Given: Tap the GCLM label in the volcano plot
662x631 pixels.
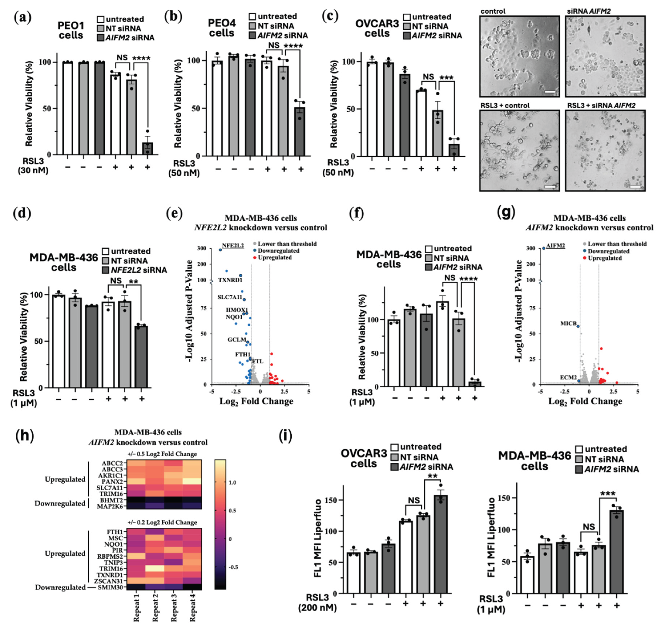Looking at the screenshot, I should coord(237,339).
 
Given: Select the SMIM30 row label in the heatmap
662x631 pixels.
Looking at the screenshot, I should coord(110,587).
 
